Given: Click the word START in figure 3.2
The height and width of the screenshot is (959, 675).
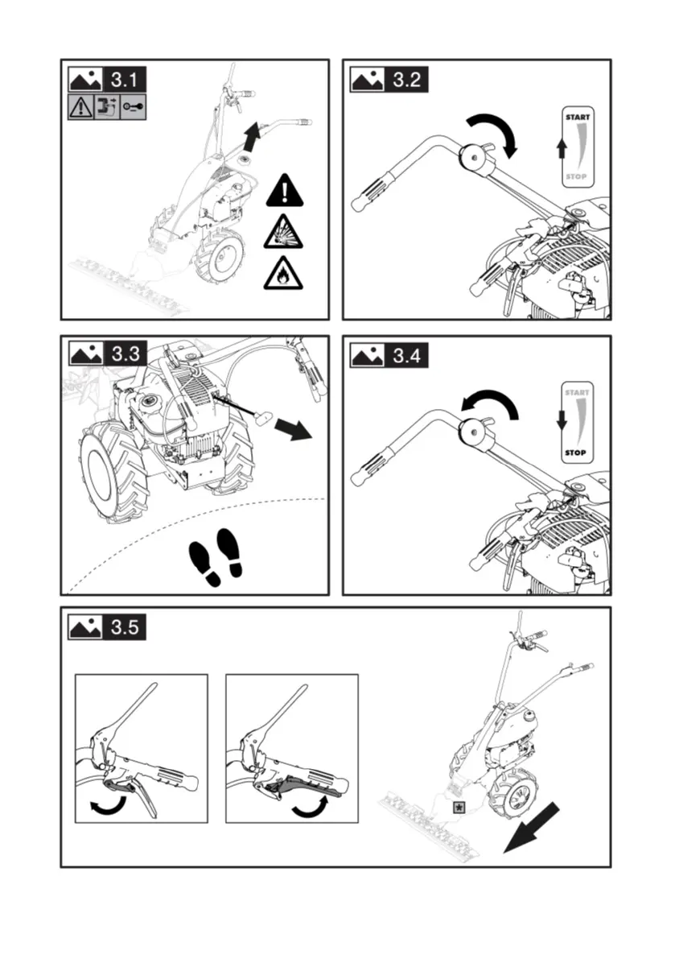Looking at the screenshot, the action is click(x=577, y=118).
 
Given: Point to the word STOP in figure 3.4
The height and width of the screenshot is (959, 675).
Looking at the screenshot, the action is click(x=577, y=453).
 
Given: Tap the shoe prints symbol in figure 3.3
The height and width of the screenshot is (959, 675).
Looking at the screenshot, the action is click(x=216, y=556).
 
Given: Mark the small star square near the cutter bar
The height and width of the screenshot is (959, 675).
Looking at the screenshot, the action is click(x=459, y=807).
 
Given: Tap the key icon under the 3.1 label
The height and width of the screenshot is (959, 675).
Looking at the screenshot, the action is click(x=133, y=107).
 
